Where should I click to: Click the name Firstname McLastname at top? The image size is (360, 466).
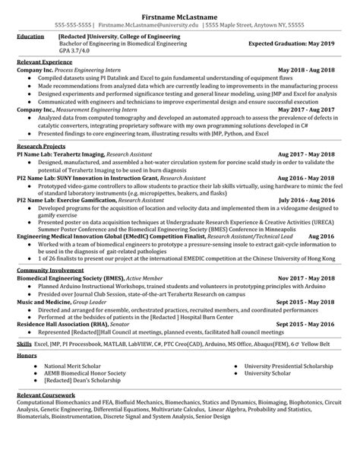[180, 15]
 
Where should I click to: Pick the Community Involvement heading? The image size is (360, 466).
[48, 270]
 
